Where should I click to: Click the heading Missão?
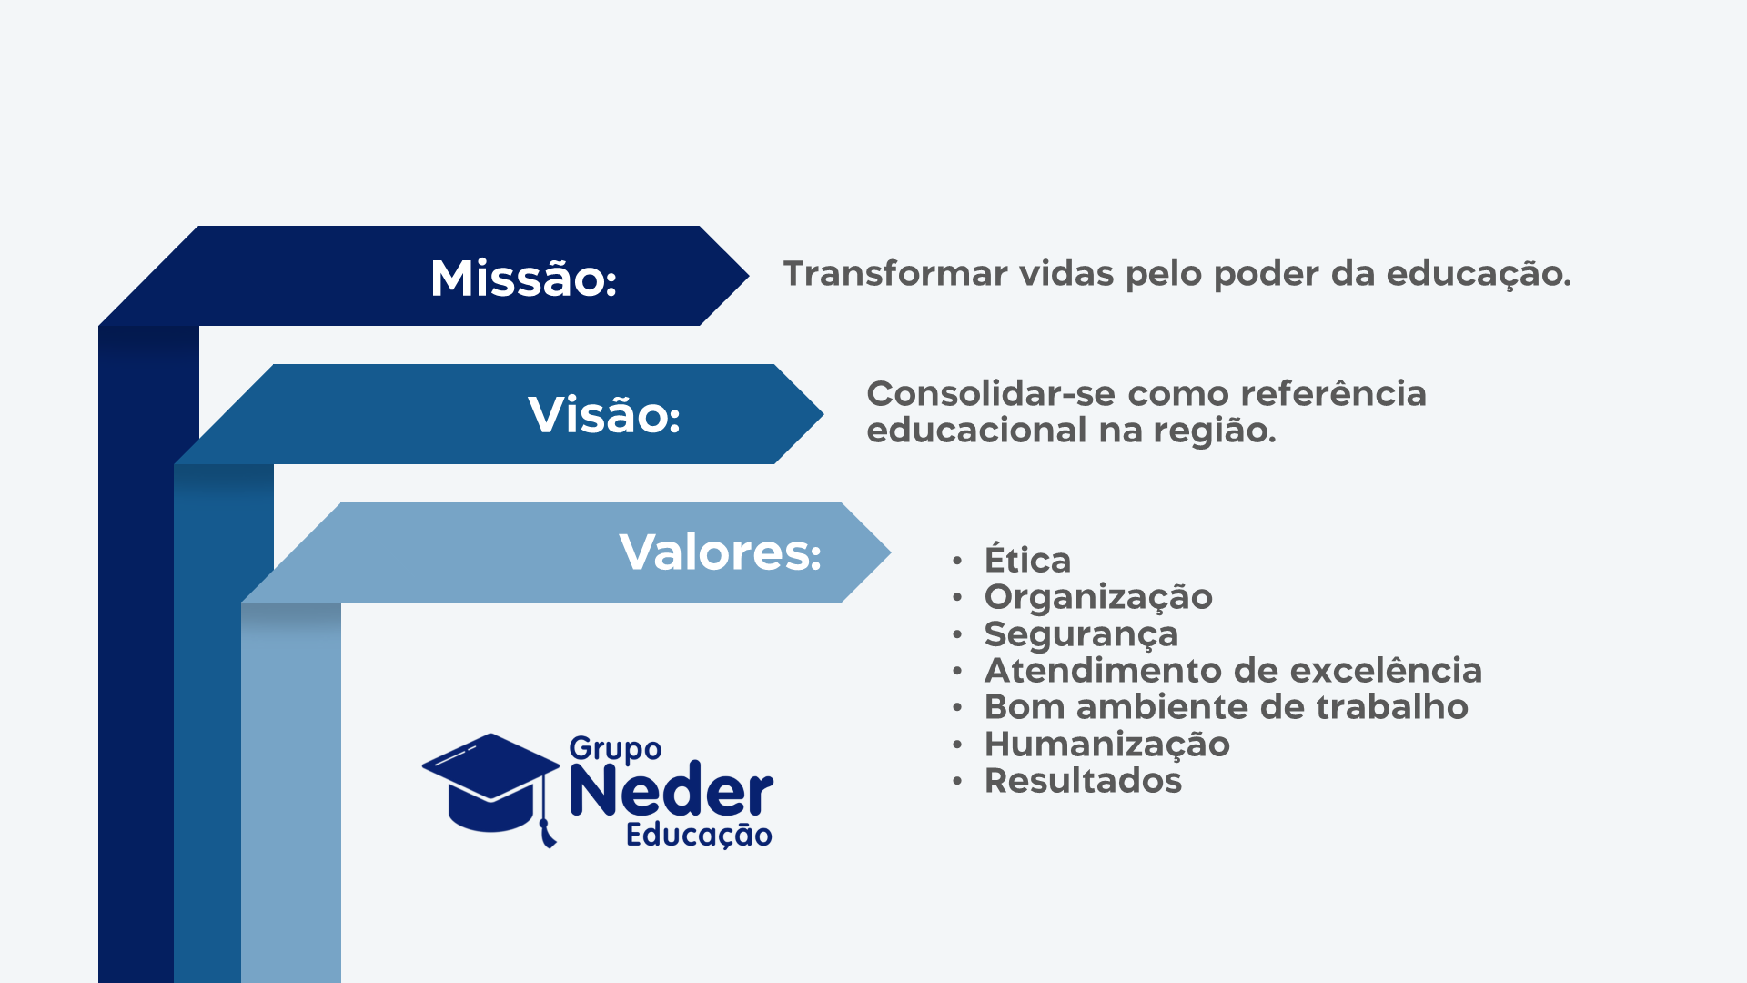coord(523,278)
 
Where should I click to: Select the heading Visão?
coord(604,415)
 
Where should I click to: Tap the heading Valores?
coord(720,552)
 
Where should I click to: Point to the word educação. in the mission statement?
coord(1479,275)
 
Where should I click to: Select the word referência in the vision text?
coord(1333,393)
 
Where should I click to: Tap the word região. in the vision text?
coord(1215,431)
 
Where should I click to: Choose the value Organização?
coord(1098,598)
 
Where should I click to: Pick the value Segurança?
coord(1081,635)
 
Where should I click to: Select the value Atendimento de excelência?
coord(1233,671)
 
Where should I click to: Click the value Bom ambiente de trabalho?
coord(1226,707)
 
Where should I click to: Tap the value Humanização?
coord(1106,745)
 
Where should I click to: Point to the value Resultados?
coord(1083,781)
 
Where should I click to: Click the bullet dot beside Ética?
coord(957,561)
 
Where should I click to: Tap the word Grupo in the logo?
coord(615,749)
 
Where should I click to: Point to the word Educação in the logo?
coord(699,835)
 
